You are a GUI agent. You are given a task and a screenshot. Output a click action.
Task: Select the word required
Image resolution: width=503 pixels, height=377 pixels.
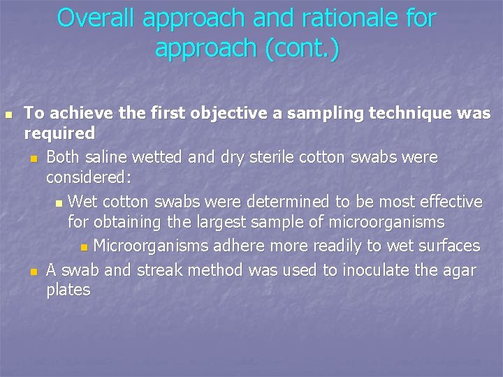59,133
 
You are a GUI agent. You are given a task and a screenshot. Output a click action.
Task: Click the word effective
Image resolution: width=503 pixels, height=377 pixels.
443,202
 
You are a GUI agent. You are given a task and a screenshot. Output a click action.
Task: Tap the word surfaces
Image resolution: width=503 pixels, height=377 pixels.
444,246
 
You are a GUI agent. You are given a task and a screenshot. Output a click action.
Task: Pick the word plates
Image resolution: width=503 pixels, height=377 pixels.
68,290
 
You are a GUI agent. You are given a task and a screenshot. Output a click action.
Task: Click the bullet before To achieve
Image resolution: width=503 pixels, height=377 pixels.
8,114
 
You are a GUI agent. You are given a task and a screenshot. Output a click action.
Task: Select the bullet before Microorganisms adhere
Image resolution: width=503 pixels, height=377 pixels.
85,247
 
